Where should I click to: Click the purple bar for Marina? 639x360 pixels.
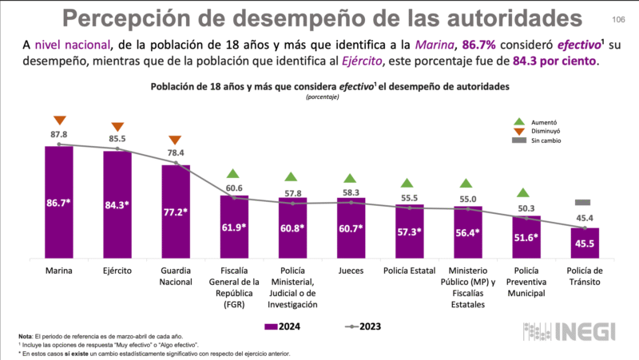(x=59, y=204)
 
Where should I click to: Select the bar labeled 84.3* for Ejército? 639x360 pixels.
(x=117, y=206)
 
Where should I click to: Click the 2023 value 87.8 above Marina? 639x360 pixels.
(x=59, y=135)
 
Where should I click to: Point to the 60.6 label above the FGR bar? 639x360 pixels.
(x=234, y=188)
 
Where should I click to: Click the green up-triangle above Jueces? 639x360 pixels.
(x=351, y=178)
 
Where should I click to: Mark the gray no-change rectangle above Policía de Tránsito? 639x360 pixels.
(x=584, y=203)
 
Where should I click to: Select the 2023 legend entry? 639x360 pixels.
(x=359, y=326)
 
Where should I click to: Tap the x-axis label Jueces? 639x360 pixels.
(x=351, y=271)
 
